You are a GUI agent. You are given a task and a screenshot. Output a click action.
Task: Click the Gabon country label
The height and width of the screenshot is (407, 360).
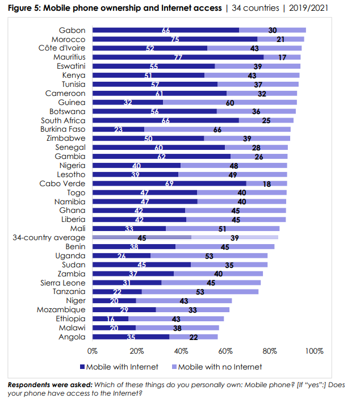[x=72, y=30]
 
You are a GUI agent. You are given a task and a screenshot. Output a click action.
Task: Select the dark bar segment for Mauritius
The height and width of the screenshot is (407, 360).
[x=178, y=57]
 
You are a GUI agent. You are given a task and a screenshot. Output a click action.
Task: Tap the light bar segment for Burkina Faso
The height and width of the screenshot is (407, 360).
[x=217, y=129]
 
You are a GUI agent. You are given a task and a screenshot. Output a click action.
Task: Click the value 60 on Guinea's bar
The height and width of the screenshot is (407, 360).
[x=230, y=103]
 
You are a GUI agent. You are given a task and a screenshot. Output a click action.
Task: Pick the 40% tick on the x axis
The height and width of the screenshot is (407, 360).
[x=182, y=351]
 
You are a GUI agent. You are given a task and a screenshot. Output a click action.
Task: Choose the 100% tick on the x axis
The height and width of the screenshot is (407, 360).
[x=313, y=351]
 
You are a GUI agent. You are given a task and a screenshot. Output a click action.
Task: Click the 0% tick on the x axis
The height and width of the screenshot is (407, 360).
[x=93, y=351]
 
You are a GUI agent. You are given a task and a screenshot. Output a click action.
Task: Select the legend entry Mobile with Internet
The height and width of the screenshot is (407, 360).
[x=119, y=367]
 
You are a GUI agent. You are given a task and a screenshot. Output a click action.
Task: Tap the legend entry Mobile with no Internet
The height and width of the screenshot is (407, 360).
[x=216, y=367]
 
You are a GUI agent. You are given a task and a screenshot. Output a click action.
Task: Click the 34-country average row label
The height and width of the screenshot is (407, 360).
[x=49, y=237]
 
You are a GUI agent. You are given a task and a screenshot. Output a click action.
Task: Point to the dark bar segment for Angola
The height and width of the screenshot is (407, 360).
[x=131, y=337]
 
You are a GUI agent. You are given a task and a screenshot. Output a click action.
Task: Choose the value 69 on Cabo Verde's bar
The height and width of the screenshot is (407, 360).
[x=169, y=184]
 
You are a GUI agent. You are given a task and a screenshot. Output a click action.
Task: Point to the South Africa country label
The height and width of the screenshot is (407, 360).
[x=64, y=120]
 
